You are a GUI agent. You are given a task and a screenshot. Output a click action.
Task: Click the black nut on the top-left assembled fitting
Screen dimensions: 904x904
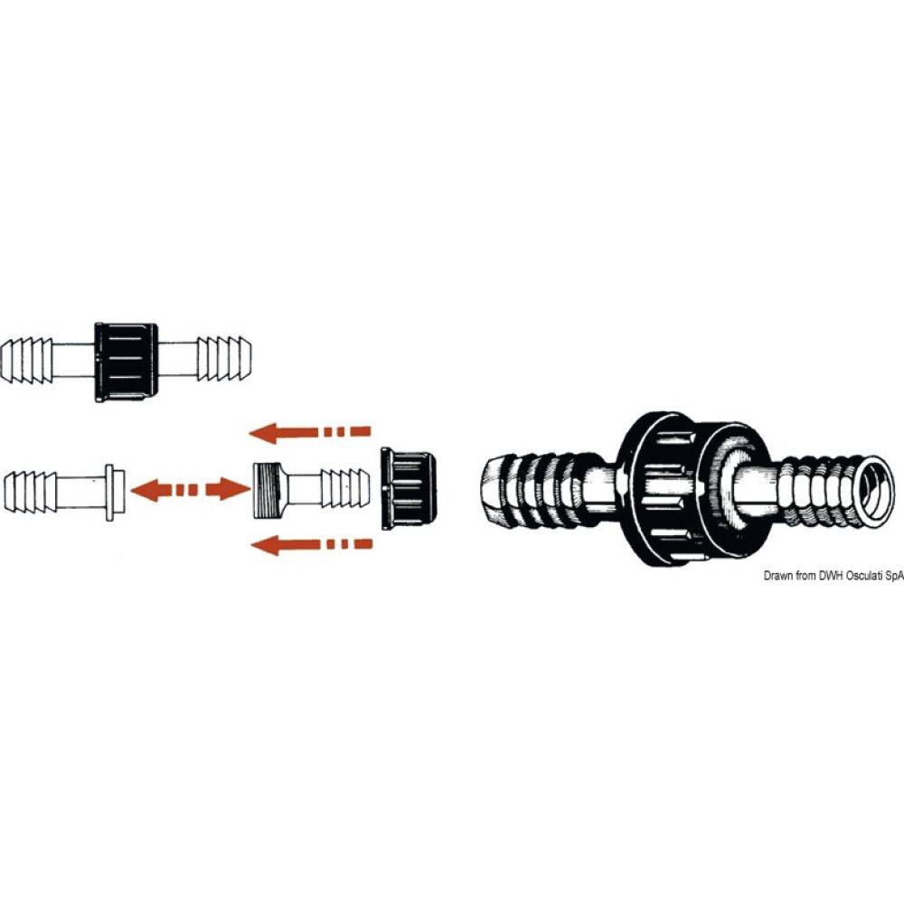[125, 363]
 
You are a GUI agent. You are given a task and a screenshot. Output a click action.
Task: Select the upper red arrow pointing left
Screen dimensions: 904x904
[309, 432]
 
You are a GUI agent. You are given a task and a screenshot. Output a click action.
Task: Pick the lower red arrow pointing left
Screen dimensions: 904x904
[311, 544]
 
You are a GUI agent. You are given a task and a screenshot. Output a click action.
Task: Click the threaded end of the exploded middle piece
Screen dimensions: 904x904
[268, 490]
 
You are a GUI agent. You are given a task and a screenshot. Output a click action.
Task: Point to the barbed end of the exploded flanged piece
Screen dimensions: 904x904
[28, 492]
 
